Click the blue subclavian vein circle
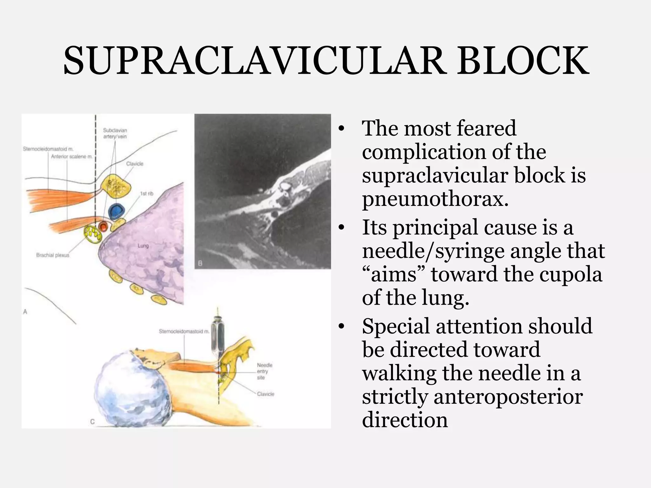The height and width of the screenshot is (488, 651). (116, 211)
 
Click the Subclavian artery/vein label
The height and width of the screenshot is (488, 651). (115, 133)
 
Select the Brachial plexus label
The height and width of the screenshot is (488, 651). (52, 255)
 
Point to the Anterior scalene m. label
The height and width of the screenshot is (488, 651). (72, 156)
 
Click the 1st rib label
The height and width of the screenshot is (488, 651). (147, 193)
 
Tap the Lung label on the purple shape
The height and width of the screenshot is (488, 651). (143, 246)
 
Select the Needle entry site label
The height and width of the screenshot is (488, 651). (264, 371)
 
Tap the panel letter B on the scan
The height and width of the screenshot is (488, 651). (200, 263)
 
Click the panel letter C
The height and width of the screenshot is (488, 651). (92, 422)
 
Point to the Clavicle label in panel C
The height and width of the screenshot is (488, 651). (265, 394)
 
